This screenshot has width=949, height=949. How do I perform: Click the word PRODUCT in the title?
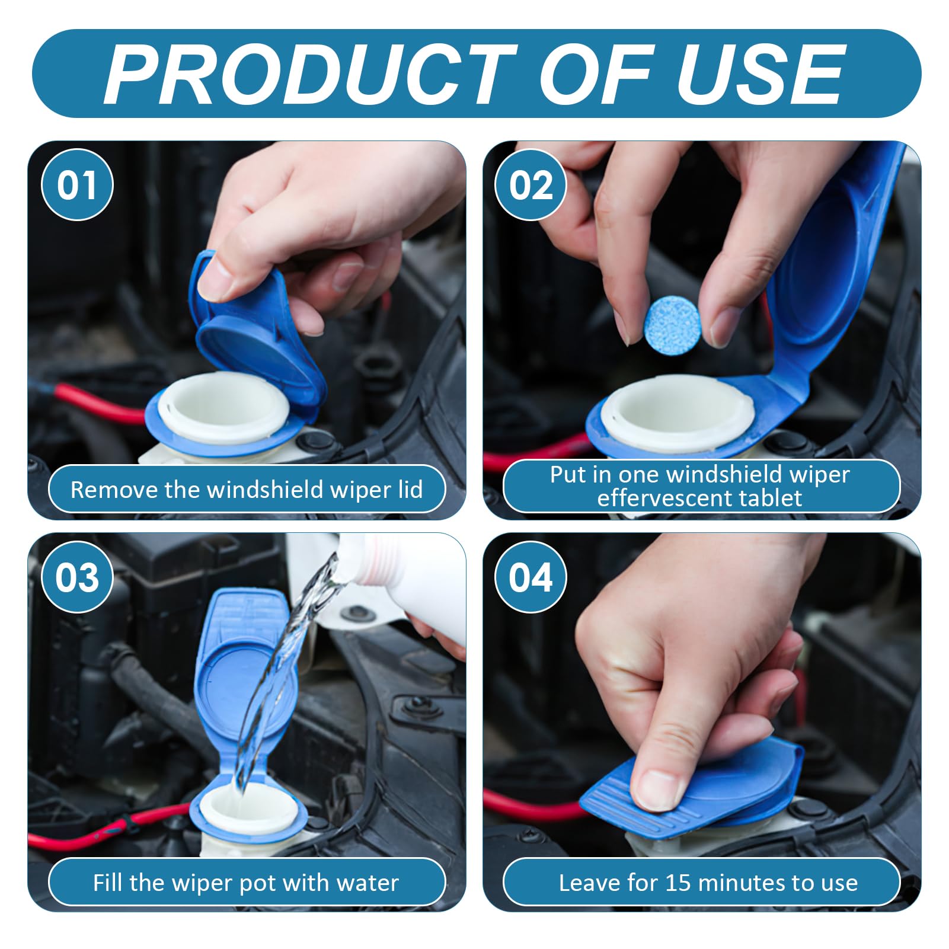(x=311, y=75)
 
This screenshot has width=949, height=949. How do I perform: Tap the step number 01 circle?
(x=77, y=184)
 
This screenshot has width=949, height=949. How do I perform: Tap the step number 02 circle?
(x=531, y=184)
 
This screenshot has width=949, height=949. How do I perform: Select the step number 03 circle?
(x=77, y=577)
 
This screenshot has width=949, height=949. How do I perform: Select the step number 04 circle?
(x=531, y=577)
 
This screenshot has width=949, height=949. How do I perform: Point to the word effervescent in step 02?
(x=653, y=498)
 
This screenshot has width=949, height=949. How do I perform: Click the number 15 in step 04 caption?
(x=678, y=883)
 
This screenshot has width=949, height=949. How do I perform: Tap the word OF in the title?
(x=596, y=75)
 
